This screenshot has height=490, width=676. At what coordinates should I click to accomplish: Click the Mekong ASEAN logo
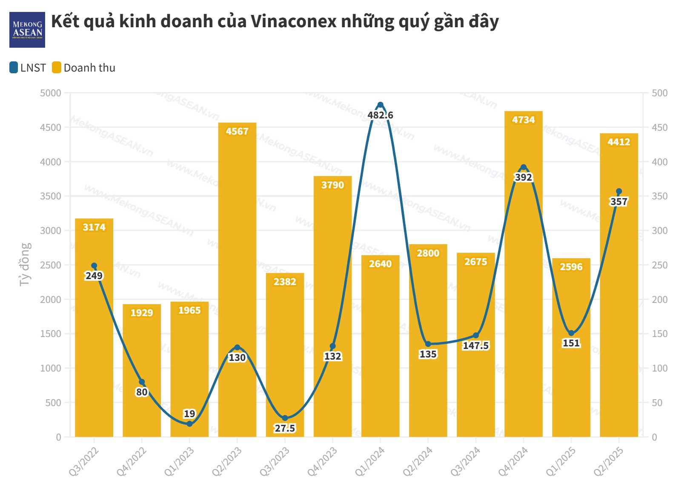click(27, 29)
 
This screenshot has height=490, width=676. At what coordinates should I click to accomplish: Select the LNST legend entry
click(28, 68)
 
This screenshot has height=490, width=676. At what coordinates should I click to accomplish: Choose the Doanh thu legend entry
click(84, 68)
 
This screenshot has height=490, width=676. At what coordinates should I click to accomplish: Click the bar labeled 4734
click(523, 298)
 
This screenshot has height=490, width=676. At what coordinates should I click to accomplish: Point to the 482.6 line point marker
click(380, 105)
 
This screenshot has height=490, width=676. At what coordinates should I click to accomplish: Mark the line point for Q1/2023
click(189, 424)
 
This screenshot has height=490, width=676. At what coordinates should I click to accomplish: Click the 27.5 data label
click(285, 428)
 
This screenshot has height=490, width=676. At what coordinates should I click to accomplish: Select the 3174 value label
click(94, 227)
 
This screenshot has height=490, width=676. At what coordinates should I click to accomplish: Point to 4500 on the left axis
click(51, 127)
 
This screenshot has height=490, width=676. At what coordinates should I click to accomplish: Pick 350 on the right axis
click(659, 196)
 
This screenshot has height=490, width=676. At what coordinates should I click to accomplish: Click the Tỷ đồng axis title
click(26, 264)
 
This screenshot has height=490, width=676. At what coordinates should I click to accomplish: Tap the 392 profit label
click(523, 177)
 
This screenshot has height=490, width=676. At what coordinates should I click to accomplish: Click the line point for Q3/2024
click(475, 335)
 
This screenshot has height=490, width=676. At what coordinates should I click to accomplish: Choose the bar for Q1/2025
click(571, 383)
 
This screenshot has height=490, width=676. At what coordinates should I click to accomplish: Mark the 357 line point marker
click(619, 191)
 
